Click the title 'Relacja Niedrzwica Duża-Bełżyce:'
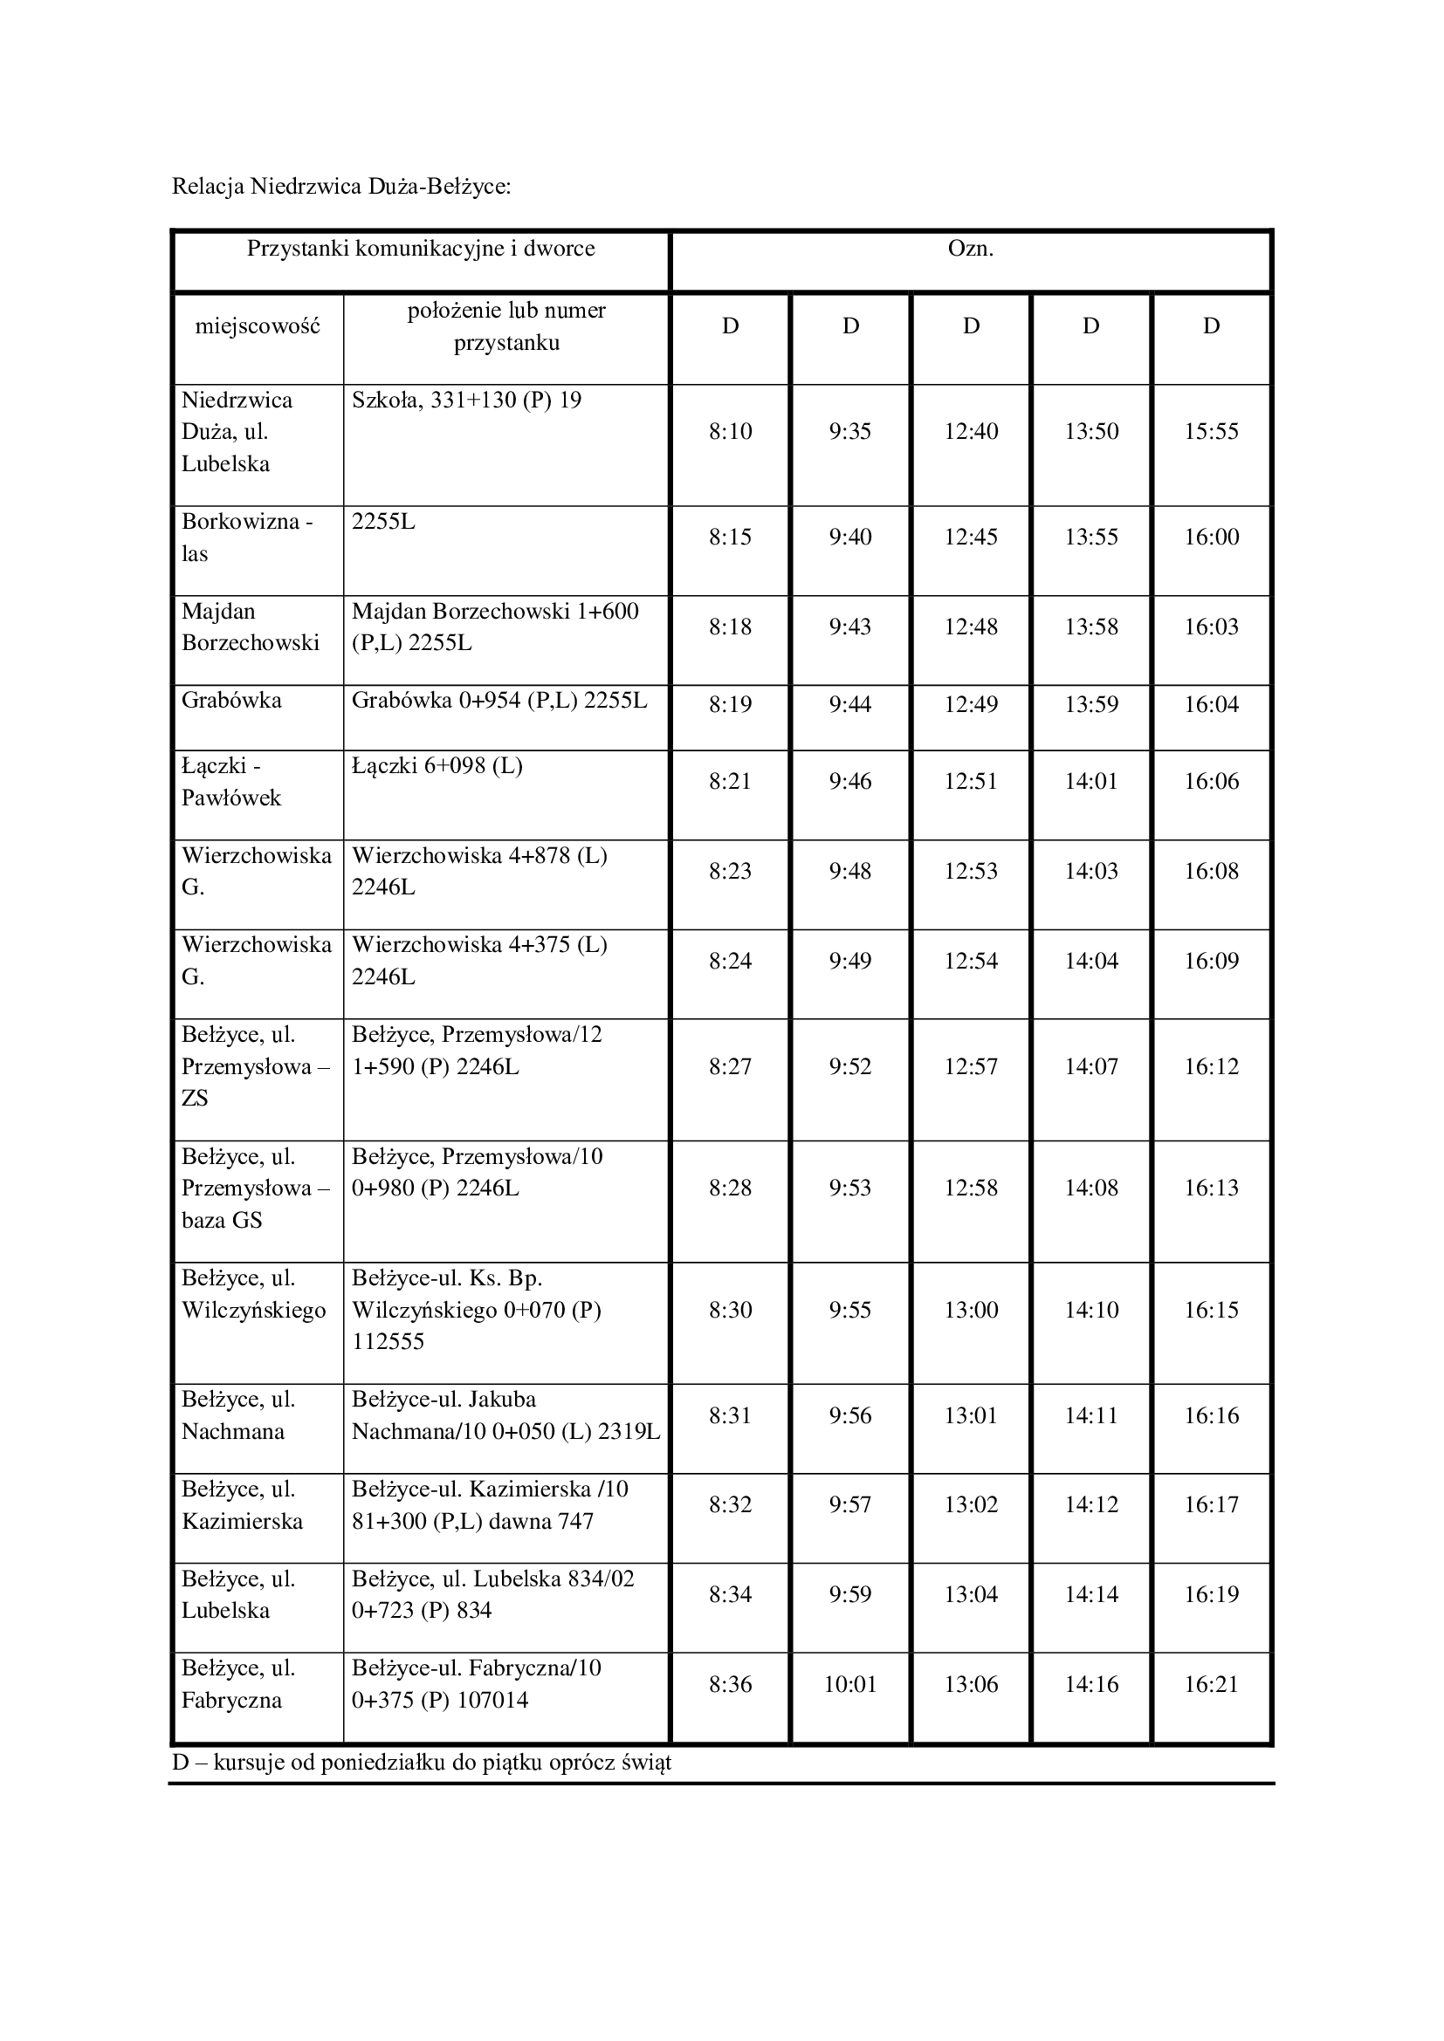340,187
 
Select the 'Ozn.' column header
970,249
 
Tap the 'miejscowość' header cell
257,326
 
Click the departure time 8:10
730,432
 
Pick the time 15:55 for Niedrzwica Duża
1211,432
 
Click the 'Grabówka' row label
231,701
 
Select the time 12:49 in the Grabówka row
970,705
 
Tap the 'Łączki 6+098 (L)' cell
437,765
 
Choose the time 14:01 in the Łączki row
1091,781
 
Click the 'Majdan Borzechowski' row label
250,627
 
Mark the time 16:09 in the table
1211,961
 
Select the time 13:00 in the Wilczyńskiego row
970,1311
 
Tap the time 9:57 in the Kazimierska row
850,1505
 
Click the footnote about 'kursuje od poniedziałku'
422,1762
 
